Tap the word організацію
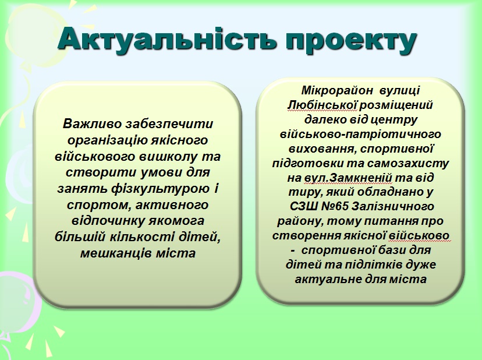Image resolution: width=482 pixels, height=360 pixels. pyautogui.click(x=108, y=140)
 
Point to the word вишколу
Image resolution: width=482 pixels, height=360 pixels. pyautogui.click(x=168, y=156)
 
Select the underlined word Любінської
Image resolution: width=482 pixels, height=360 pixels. pyautogui.click(x=322, y=105)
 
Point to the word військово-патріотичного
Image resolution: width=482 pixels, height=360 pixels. pyautogui.click(x=360, y=135)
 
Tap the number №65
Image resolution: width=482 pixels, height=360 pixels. pyautogui.click(x=334, y=206)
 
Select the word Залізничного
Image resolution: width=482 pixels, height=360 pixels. pyautogui.click(x=392, y=206)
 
